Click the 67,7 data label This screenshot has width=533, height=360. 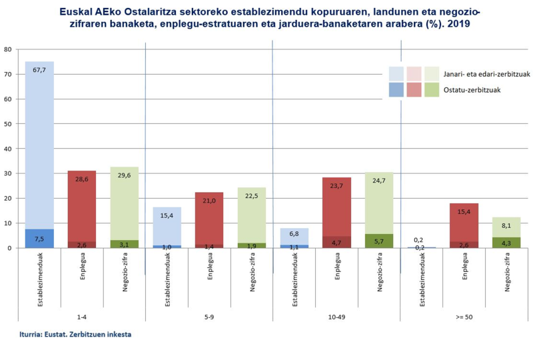[39, 69]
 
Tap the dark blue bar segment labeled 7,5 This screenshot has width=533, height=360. [39, 239]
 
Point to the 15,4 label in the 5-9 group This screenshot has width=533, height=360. [167, 216]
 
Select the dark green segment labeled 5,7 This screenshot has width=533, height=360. [379, 241]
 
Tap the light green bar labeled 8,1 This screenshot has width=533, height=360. [507, 226]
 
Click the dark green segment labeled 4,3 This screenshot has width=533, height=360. [507, 243]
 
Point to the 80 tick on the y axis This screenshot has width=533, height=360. [7, 49]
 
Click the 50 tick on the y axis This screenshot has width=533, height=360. [7, 124]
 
